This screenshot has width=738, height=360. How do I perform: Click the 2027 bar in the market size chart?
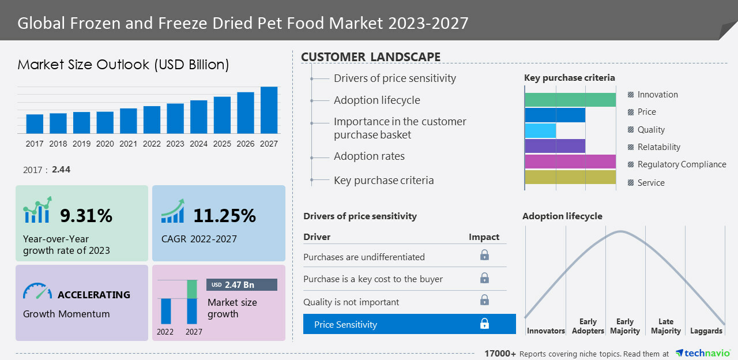pos(269,110)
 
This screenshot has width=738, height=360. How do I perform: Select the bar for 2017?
pos(35,123)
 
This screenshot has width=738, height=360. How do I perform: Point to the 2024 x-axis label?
pos(198,144)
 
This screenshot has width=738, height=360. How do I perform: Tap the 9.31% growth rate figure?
pos(86,216)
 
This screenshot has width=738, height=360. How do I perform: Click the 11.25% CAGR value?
pos(224,216)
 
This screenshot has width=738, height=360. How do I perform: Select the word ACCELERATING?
pos(93,295)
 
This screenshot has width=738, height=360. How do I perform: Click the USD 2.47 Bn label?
pos(242,285)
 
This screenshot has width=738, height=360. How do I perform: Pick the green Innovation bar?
pos(570,100)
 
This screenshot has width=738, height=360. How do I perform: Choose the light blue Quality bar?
pos(540,130)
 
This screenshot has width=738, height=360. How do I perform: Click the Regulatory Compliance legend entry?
pos(681,164)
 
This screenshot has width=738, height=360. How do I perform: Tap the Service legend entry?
pos(651,183)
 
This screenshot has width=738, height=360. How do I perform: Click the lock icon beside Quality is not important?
pos(484,300)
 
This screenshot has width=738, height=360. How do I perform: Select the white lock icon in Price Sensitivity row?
pos(484,324)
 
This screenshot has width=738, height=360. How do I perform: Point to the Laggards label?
pos(706,331)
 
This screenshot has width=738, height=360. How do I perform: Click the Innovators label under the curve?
pos(545,331)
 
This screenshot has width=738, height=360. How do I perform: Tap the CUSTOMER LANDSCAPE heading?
pos(371,57)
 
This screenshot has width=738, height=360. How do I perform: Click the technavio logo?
pos(703,353)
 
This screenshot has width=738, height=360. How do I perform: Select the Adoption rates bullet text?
pos(369,156)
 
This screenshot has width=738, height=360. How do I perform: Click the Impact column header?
pos(484,237)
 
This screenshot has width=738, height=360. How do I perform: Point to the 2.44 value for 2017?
pos(61,170)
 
